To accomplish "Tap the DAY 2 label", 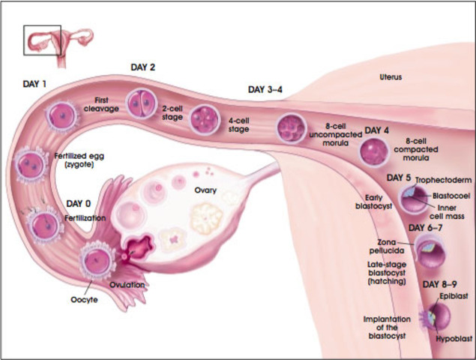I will click(143, 67).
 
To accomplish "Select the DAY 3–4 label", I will click(265, 89).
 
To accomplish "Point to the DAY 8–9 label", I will click(440, 284).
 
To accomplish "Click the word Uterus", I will click(391, 76).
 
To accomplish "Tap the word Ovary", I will click(205, 190).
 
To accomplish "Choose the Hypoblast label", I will click(455, 339).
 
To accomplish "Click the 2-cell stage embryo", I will click(139, 103).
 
